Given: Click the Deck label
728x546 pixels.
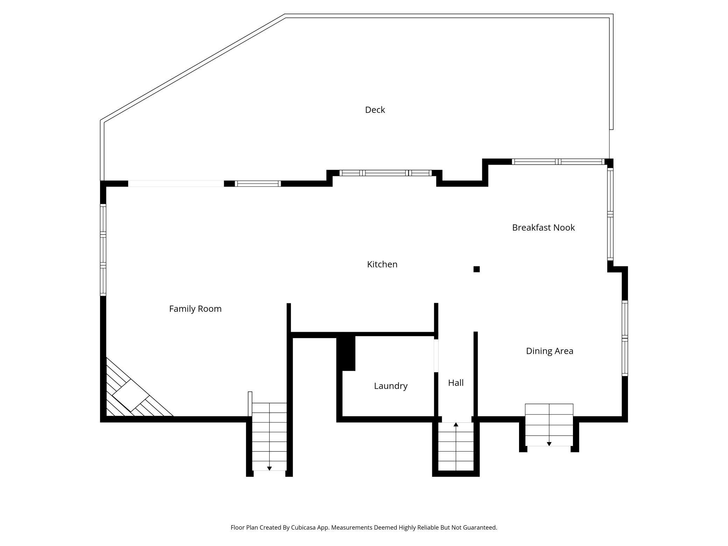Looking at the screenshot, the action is (375, 110).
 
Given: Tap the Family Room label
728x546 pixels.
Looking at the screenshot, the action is (195, 309).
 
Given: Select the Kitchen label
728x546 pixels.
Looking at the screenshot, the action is (382, 264).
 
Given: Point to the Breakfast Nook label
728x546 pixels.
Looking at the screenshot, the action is (543, 227).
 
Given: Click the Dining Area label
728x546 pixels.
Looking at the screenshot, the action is (549, 351).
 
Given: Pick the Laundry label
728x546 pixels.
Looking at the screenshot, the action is (391, 386).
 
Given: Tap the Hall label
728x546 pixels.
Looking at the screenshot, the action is (456, 383).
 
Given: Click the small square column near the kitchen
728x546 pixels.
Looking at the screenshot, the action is (476, 269).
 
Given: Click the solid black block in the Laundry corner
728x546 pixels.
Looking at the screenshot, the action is (346, 353).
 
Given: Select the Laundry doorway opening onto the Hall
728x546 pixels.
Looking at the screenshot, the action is (436, 356).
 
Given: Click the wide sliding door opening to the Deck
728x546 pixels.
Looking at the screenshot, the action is (176, 184).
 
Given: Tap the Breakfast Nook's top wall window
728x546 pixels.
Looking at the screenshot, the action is (558, 162).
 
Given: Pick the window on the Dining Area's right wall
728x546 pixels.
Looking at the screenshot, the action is (625, 338).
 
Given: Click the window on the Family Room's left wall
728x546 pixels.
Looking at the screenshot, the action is (103, 250).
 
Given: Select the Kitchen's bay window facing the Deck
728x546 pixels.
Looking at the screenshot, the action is (385, 173).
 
